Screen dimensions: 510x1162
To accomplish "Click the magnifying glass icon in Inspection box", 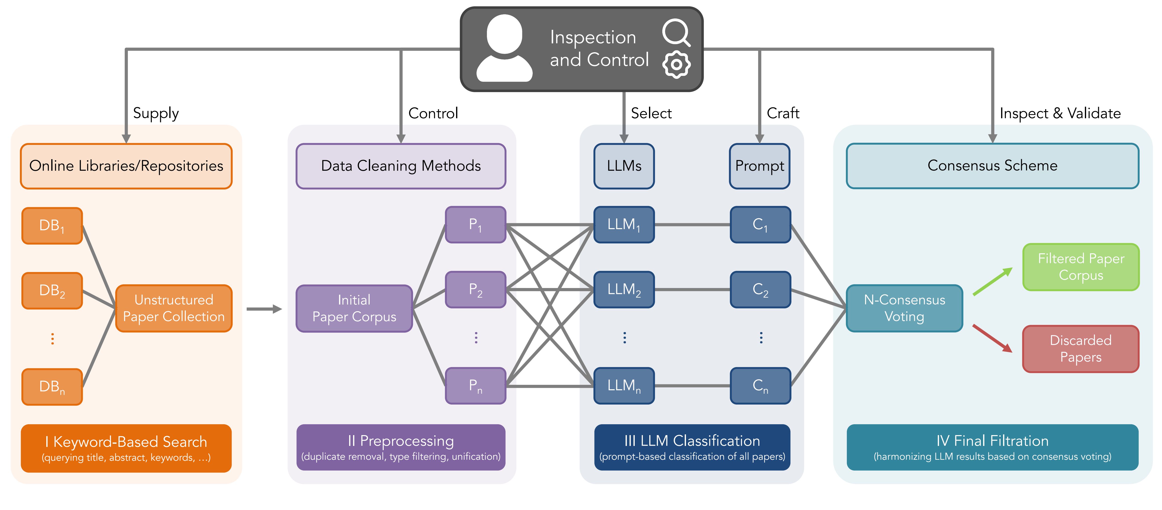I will pos(676,33).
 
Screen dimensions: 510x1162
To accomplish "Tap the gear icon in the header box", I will pos(676,65).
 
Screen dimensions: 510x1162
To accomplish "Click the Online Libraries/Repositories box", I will pos(126,166).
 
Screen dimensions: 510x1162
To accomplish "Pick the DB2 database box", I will pos(52,290).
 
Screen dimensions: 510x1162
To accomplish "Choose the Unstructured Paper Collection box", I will pos(174,308).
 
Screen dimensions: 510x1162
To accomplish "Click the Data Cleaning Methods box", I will pos(401,166).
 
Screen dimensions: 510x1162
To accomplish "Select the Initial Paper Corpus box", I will pos(354,308).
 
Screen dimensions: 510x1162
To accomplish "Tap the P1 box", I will pos(476,224).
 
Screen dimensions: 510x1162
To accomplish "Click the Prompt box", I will pos(760,166).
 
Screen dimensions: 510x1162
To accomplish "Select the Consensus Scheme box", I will pos(992,166).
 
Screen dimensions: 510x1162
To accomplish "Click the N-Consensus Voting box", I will pos(905,308).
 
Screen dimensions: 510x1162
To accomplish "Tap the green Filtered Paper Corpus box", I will pos(1081,267).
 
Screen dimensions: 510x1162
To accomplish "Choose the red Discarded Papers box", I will pos(1081,349).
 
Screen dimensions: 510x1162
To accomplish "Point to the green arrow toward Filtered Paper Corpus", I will pos(992,282).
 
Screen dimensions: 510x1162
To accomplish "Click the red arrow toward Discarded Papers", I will pos(992,338).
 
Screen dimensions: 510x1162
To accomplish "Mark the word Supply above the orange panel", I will pos(156,113).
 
